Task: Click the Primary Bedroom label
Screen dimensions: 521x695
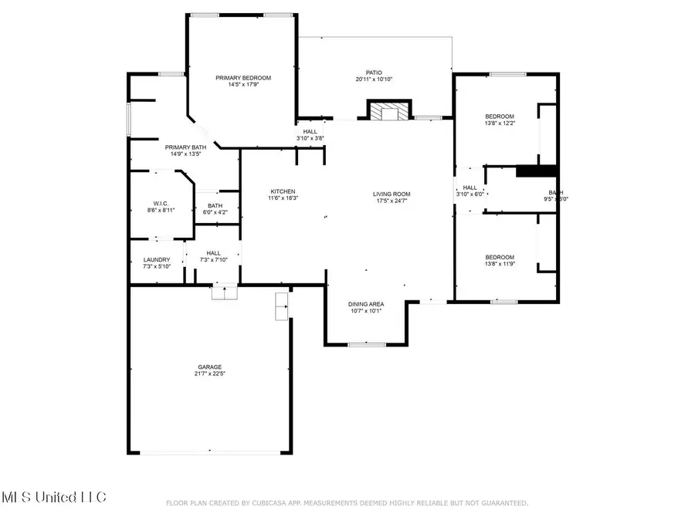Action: pos(243,78)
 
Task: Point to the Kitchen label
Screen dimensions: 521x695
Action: pos(282,192)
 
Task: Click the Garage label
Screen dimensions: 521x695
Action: pos(208,367)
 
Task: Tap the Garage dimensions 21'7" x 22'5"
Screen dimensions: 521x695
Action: pos(208,374)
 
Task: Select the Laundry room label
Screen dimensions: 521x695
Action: pos(158,260)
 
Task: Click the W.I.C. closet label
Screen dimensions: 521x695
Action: pos(160,203)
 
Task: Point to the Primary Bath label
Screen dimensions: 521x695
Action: pos(185,147)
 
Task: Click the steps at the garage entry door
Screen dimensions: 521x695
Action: pos(225,290)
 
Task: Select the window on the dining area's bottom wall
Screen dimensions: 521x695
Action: pos(361,344)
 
